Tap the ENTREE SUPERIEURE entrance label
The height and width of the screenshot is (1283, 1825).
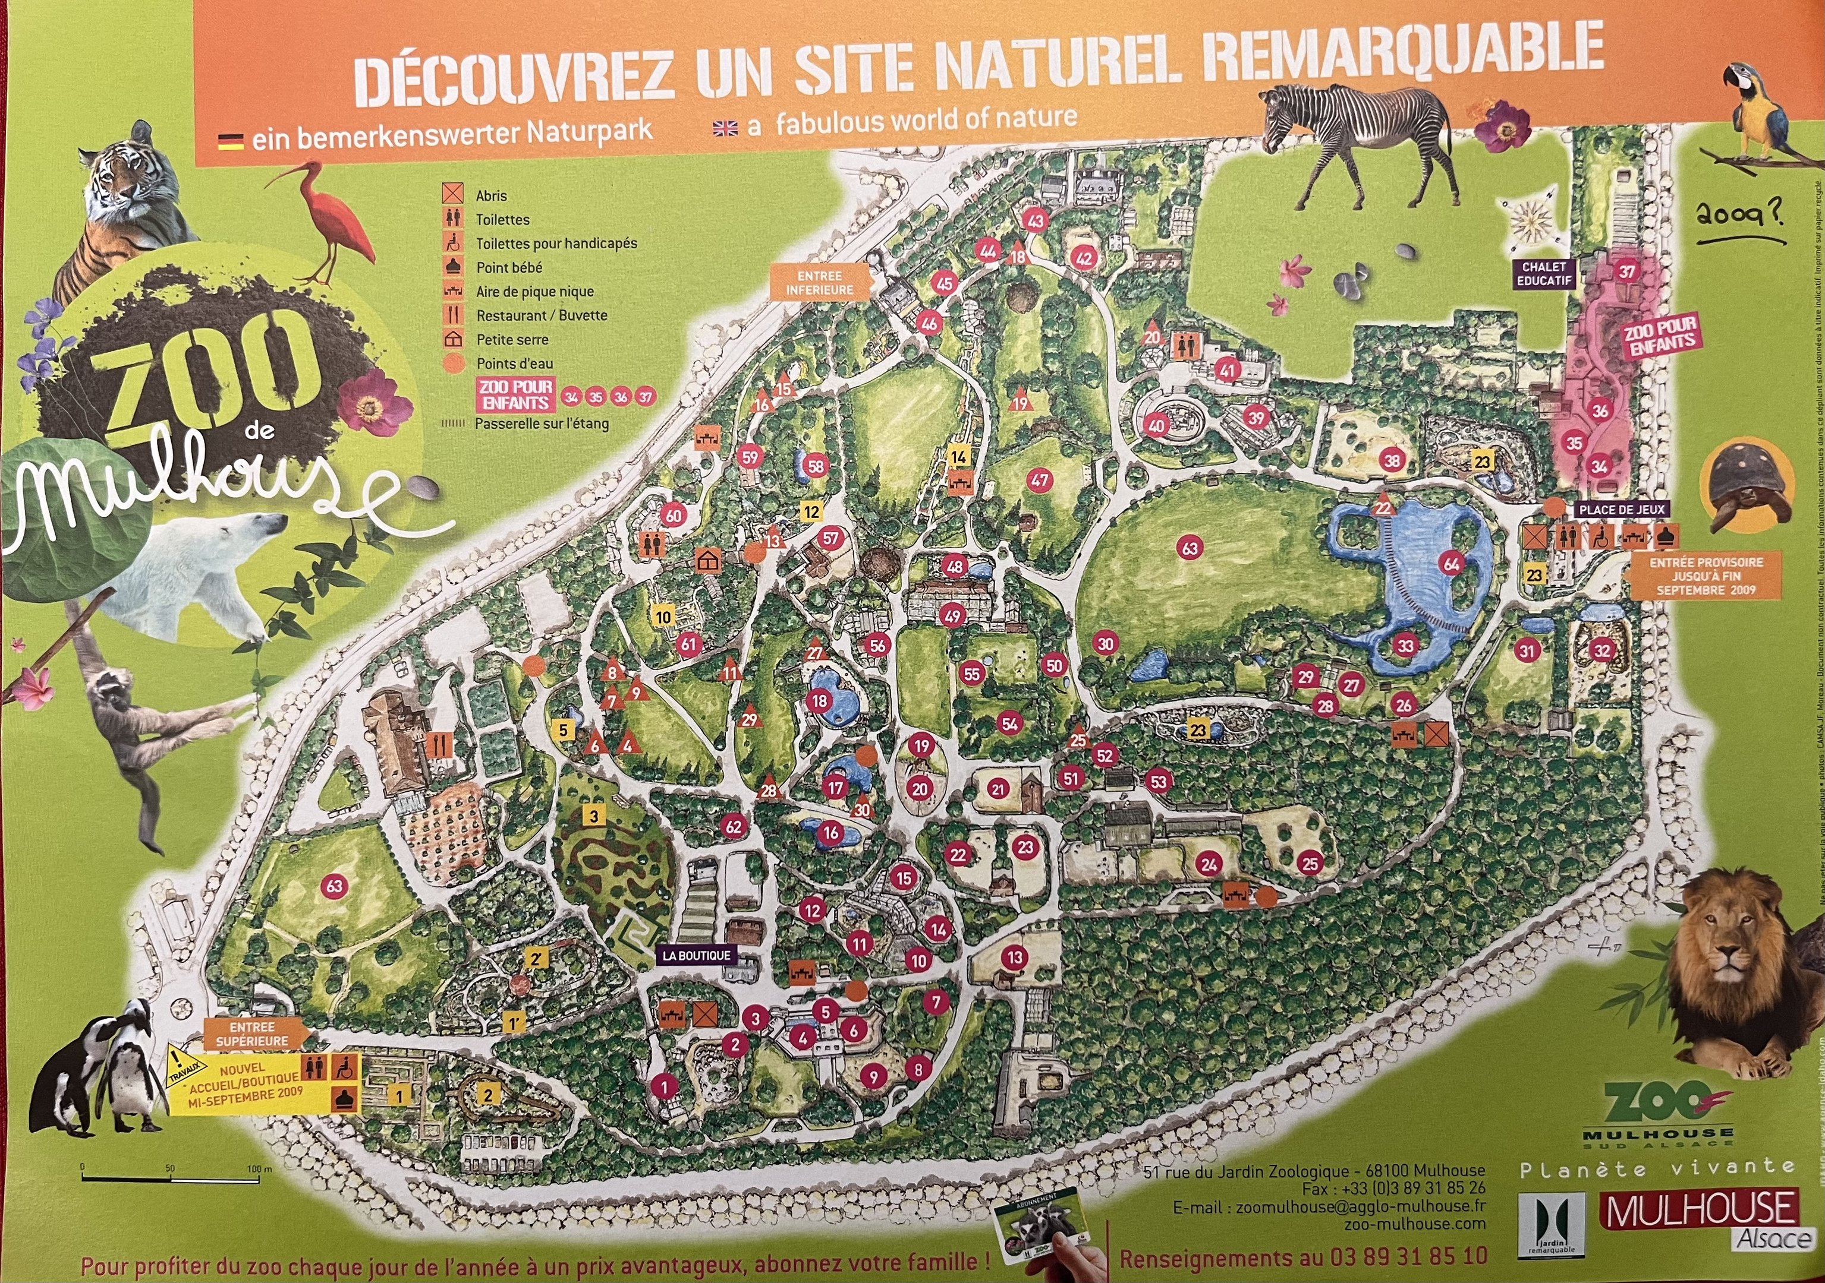251,1034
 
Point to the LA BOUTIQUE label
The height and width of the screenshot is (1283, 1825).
696,956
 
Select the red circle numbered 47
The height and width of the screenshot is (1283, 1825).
1039,480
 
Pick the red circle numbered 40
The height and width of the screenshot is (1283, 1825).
1156,425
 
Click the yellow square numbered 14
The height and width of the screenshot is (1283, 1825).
959,457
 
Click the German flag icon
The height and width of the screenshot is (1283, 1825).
231,141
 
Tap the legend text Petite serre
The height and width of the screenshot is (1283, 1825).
512,339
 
